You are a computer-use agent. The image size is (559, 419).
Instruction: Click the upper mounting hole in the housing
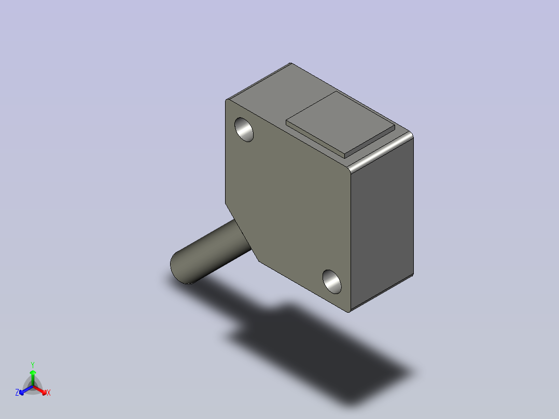pyautogui.click(x=244, y=130)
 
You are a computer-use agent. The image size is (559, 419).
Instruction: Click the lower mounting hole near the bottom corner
pyautogui.click(x=332, y=282)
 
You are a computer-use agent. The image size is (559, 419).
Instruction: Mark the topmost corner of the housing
pyautogui.click(x=290, y=63)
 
